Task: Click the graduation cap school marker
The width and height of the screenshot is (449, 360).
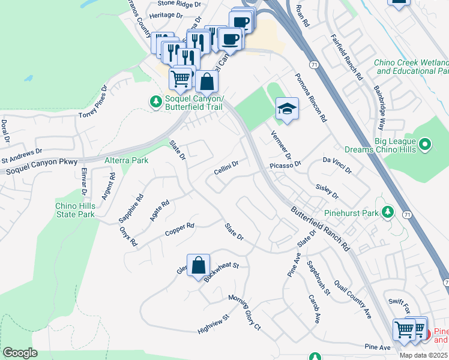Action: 287,109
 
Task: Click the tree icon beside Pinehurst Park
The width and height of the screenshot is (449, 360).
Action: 388,212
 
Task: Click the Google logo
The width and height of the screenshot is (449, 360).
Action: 20,353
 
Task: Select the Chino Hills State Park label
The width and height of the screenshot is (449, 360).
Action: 75,210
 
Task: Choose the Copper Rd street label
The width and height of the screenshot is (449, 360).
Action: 180,230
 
